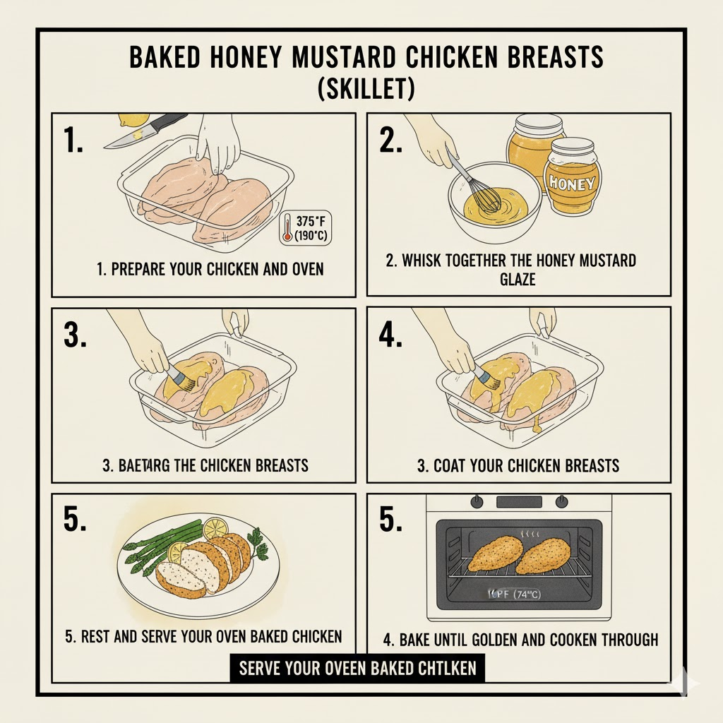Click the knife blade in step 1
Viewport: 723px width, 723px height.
tap(127, 140)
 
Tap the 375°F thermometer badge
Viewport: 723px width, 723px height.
tap(307, 227)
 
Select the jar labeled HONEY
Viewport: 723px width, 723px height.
tap(573, 177)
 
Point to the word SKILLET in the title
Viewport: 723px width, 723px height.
tap(361, 90)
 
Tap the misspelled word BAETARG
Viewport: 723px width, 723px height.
tap(138, 465)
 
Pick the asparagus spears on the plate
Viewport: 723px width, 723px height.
tap(152, 547)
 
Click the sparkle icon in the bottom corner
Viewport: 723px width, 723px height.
tap(686, 683)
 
